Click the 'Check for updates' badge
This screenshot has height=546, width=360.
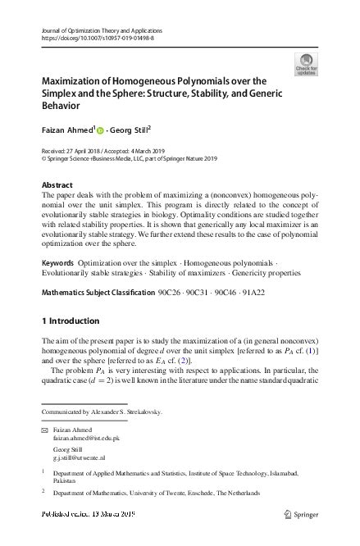click(x=307, y=62)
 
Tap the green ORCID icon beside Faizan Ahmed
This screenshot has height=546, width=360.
click(x=101, y=130)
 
